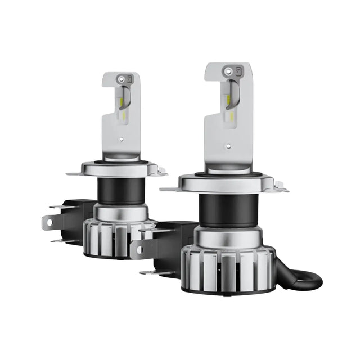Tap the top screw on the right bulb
tap(228, 71)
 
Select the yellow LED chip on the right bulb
tap(228, 101)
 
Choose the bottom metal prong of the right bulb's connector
tap(147, 273)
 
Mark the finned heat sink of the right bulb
tap(228, 267)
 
